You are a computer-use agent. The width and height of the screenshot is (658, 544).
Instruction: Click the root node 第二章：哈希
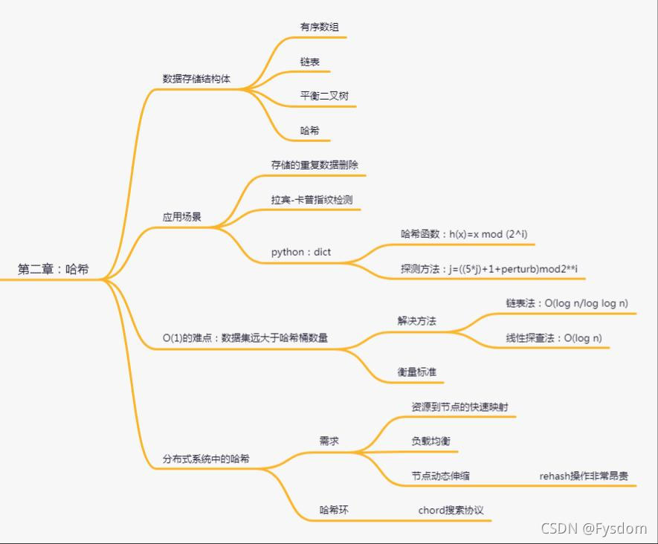click(53, 270)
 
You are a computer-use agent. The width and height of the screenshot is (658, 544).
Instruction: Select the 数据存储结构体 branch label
click(196, 79)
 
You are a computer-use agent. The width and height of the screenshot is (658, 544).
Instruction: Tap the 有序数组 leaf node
click(320, 27)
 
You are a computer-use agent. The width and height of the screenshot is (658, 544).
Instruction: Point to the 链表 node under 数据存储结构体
click(310, 62)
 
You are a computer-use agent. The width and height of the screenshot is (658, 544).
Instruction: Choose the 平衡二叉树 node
click(324, 96)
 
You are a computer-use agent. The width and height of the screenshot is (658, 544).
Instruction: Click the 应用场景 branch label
click(182, 218)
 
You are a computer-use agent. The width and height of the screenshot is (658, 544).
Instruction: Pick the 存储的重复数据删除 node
click(315, 165)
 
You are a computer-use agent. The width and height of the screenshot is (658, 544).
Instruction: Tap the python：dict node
click(301, 252)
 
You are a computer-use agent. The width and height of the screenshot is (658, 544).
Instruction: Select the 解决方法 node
click(416, 321)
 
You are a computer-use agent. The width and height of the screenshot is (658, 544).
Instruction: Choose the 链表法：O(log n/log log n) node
click(567, 303)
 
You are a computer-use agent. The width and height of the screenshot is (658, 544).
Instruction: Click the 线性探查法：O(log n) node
click(554, 338)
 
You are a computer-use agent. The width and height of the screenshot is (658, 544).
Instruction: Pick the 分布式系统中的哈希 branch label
click(206, 459)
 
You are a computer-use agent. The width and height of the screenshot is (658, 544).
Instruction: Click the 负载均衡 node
click(430, 441)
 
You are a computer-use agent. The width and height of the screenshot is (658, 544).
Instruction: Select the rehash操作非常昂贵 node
click(584, 476)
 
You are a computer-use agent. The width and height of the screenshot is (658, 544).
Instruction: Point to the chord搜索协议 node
click(451, 511)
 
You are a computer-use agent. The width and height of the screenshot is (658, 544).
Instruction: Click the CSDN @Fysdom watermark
click(593, 528)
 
